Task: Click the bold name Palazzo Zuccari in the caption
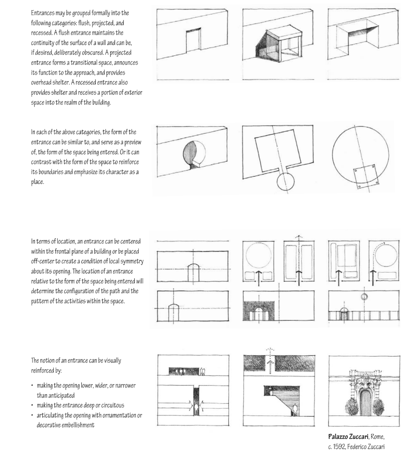point(348,436)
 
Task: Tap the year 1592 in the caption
point(339,447)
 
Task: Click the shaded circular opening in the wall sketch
point(194,155)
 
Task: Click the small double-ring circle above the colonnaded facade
point(364,297)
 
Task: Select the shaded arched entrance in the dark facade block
point(259,314)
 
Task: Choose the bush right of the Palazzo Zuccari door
point(378,407)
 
